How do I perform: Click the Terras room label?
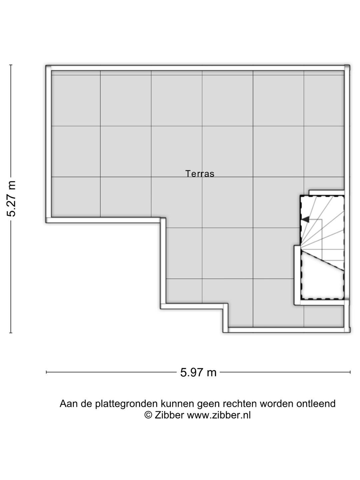(200, 174)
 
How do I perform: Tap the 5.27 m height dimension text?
(11, 199)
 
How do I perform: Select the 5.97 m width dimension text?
(198, 372)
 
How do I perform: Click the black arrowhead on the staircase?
(305, 219)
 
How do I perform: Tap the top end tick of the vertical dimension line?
(11, 65)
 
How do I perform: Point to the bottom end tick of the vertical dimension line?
(11, 333)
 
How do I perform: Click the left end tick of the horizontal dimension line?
(46, 372)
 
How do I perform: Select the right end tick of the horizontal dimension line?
(350, 372)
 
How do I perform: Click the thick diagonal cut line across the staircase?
(322, 261)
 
